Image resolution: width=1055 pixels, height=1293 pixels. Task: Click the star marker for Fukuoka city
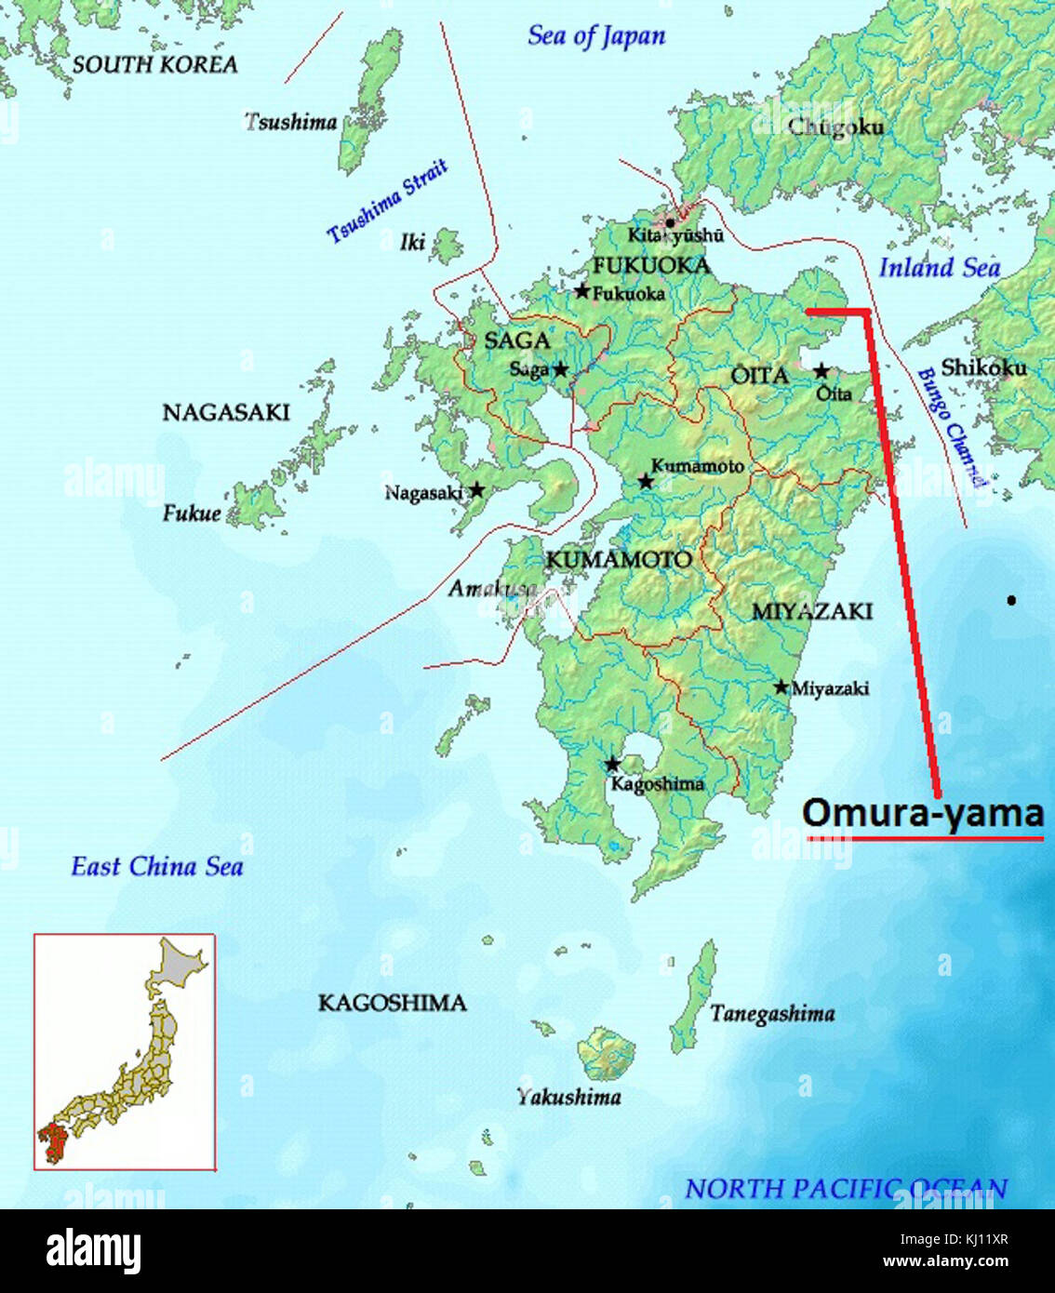click(582, 291)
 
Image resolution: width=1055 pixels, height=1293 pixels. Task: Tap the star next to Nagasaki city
click(476, 489)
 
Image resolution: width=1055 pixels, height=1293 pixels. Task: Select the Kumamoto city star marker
click(645, 482)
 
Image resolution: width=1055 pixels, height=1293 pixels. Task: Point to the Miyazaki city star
click(781, 686)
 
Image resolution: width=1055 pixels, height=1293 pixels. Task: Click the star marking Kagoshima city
click(612, 765)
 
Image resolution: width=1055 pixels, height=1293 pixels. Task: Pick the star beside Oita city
click(821, 371)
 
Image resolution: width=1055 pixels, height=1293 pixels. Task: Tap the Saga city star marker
click(560, 369)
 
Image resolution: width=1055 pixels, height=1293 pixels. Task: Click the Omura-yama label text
click(922, 814)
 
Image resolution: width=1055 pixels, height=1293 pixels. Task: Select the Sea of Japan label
click(596, 36)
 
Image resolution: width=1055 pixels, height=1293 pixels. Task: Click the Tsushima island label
click(290, 122)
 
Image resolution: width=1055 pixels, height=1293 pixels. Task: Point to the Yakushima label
click(568, 1098)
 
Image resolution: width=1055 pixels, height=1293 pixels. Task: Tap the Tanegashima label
click(772, 1014)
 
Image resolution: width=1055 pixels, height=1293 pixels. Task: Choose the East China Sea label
click(157, 867)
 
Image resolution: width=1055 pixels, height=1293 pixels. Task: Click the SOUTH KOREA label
click(154, 64)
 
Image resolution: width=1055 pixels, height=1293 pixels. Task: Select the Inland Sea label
click(940, 268)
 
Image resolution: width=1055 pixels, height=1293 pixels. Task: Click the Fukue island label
click(192, 513)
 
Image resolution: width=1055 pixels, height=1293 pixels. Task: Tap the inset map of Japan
click(125, 1052)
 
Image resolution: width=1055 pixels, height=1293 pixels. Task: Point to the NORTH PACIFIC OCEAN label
click(846, 1189)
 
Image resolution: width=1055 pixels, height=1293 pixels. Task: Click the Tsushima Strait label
click(387, 201)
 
